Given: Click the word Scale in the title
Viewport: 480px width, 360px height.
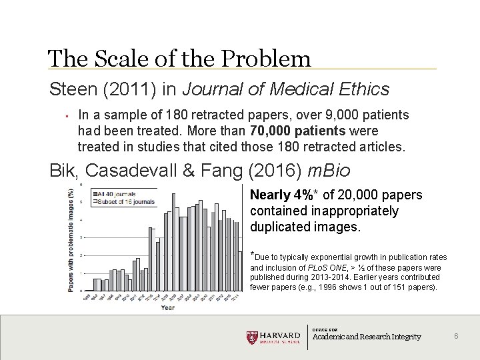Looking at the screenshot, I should pyautogui.click(x=117, y=59).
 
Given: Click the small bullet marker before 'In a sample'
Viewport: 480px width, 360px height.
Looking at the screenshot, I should pyautogui.click(x=59, y=115).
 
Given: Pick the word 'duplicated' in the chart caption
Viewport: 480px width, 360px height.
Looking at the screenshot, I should pyautogui.click(x=279, y=227).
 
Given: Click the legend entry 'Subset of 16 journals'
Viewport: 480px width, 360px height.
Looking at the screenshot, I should pyautogui.click(x=127, y=201).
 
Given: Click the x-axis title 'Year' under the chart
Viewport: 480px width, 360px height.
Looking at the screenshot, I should pyautogui.click(x=167, y=307).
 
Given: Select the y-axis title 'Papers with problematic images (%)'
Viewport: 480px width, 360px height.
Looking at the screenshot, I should pyautogui.click(x=71, y=240).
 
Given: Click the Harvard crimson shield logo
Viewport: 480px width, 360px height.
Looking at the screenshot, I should pyautogui.click(x=251, y=337).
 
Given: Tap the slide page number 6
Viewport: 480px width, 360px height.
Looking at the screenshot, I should pyautogui.click(x=456, y=336).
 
